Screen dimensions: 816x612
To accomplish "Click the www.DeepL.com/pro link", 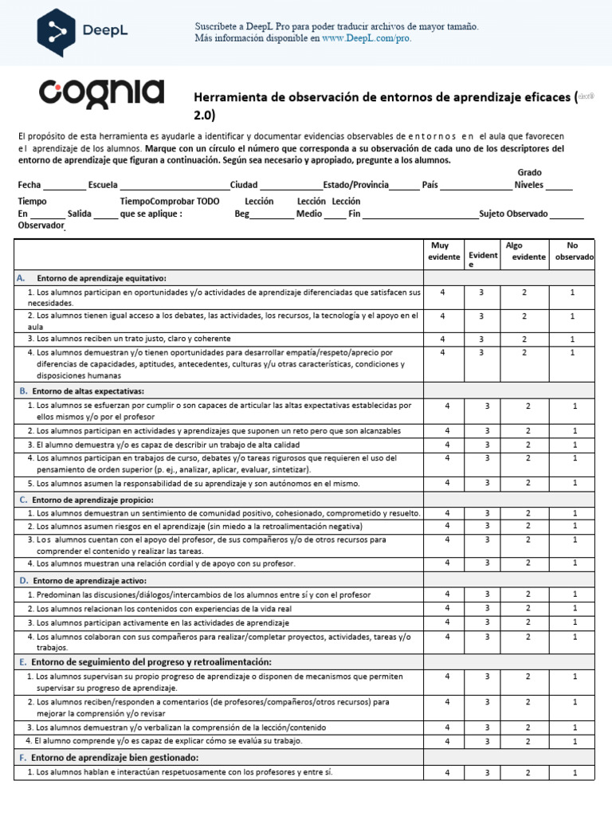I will (367, 37).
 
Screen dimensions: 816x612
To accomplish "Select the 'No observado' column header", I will (574, 251).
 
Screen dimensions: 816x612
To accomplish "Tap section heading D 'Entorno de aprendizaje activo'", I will (88, 580).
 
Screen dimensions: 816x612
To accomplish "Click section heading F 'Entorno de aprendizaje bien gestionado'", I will (114, 757).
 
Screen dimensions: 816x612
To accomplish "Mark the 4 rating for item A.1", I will (443, 293).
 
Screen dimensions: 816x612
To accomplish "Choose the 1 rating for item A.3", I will (573, 339).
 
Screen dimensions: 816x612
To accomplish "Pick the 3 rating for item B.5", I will (487, 483).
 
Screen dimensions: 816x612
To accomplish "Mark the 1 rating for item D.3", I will (574, 622).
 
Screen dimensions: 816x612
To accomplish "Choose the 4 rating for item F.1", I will (447, 773).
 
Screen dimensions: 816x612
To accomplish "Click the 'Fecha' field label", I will (29, 185).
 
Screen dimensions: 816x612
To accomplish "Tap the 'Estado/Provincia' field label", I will (355, 185).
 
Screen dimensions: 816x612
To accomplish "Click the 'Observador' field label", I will (40, 226).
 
